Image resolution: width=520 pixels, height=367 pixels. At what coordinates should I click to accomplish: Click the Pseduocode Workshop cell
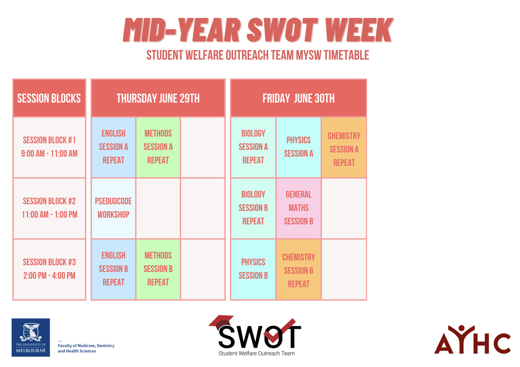(x=113, y=208)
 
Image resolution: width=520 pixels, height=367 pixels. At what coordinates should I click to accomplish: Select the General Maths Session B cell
(x=299, y=208)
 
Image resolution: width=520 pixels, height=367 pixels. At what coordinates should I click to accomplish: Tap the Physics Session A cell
(x=299, y=147)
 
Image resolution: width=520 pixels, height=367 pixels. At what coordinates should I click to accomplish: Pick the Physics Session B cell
(x=253, y=269)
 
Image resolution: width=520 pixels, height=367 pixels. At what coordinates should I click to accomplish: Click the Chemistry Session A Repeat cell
(x=344, y=147)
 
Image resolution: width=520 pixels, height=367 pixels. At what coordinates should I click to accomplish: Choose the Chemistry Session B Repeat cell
(x=299, y=269)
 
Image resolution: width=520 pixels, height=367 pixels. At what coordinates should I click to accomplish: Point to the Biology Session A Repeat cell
(x=253, y=147)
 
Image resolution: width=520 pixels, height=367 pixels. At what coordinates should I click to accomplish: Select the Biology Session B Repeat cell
(x=253, y=208)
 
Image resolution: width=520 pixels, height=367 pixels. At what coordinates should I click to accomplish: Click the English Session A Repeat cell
(x=113, y=147)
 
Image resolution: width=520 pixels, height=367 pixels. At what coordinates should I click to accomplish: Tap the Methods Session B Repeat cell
(x=158, y=269)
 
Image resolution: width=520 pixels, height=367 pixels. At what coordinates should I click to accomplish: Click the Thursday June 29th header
(x=158, y=98)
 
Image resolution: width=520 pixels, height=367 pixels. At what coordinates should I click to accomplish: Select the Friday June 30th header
(x=299, y=98)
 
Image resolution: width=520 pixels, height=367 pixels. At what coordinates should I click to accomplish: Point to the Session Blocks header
(x=49, y=98)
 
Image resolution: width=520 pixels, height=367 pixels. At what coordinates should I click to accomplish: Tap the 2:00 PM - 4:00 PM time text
(x=49, y=276)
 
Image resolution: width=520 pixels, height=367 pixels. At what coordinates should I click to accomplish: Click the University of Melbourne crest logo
(x=31, y=337)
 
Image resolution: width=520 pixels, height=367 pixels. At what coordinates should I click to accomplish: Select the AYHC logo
(x=472, y=339)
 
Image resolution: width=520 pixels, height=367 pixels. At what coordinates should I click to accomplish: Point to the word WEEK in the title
(x=358, y=30)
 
